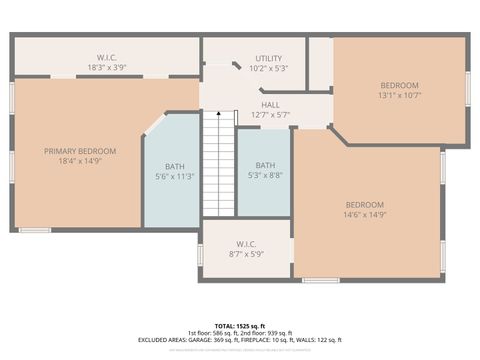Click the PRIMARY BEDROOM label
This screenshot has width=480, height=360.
pos(80,151)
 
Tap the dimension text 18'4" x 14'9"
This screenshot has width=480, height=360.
pos(80,161)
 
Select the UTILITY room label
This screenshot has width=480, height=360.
pos(269,59)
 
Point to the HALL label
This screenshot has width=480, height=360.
pos(270,104)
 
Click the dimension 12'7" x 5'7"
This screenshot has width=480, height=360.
pos(270,115)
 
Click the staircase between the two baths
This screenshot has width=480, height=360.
pos(218,165)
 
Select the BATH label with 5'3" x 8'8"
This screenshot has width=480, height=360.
pos(265,165)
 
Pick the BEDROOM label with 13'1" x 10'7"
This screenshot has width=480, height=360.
pos(399,85)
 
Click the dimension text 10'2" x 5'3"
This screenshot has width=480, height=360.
pos(269,69)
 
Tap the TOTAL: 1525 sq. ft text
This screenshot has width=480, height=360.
pos(241,325)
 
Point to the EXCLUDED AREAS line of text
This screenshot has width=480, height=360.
pos(241,339)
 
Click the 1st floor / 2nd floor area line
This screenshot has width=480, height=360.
pos(241,332)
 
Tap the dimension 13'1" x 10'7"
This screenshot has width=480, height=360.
pos(399,96)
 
